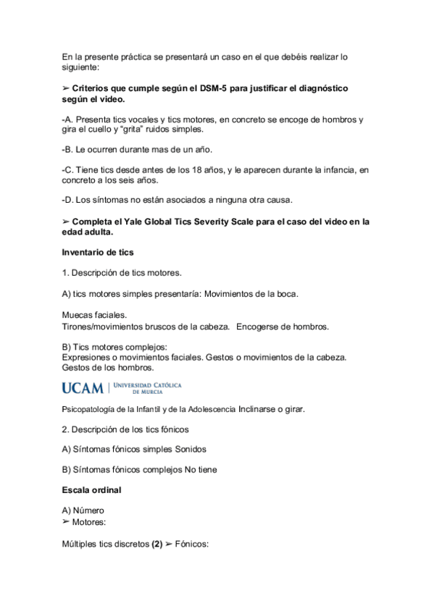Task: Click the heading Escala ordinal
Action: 93,490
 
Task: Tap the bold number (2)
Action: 157,545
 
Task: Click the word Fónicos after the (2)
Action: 191,545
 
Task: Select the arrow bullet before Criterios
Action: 66,88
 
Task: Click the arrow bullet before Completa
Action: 66,222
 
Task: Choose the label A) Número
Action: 84,510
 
